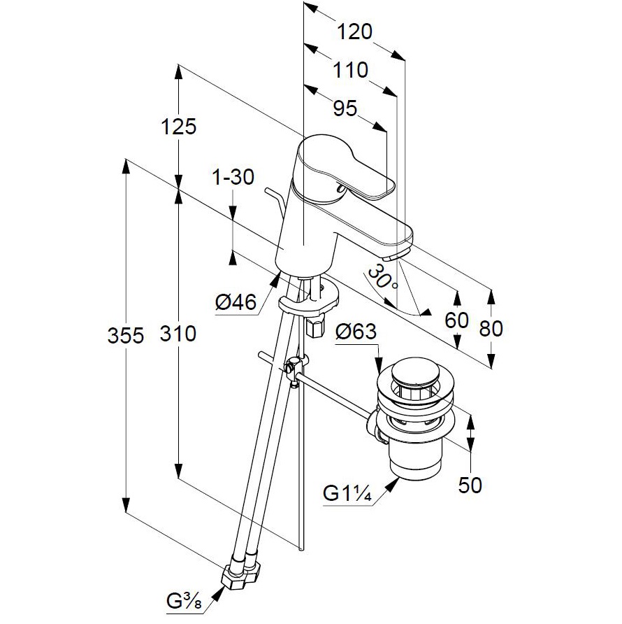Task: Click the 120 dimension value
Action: point(354,32)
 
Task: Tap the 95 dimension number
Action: point(345,108)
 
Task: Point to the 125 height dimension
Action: point(178,127)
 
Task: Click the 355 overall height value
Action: point(126,335)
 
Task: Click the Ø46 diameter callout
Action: point(235,303)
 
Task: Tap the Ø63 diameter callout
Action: point(355,332)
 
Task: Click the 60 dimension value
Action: point(456,320)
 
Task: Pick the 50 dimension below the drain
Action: point(470,485)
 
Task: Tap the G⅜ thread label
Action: point(185,601)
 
